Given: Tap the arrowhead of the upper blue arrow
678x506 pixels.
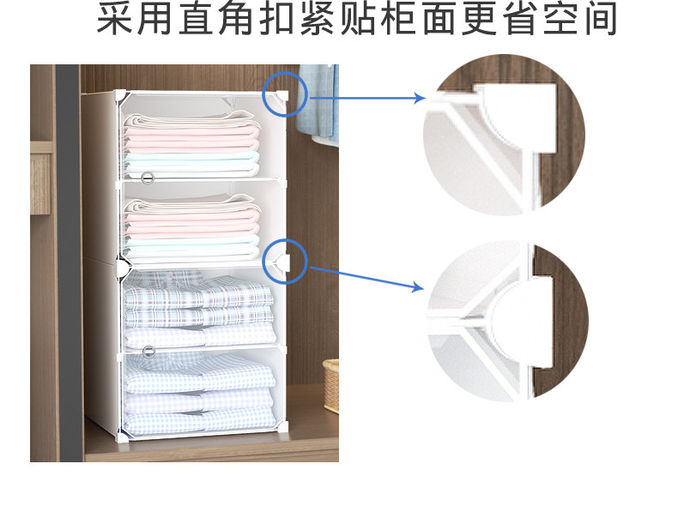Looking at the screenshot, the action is pos(420,98).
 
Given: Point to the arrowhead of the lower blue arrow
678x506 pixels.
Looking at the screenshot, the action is pos(419,286).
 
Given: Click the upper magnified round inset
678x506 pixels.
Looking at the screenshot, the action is pos(504,135).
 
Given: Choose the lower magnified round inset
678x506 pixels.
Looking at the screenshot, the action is pos(507,322).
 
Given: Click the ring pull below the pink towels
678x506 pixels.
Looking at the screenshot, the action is pos(148,178).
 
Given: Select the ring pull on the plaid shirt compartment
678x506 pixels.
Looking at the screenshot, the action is pos(148,352).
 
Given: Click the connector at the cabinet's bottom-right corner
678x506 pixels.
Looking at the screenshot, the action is pos(283,427).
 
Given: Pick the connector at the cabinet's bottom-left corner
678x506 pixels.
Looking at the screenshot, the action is pos(123,437).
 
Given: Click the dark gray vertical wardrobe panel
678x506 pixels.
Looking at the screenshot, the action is pos(70,262).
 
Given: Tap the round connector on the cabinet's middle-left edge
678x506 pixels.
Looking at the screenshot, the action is pos(123,265).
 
